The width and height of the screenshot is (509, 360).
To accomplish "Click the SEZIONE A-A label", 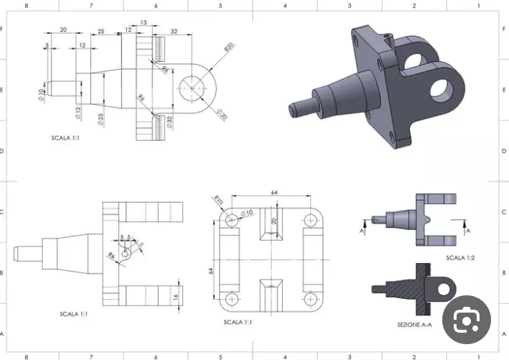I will (415, 326).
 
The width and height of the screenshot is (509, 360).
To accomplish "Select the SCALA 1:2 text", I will (459, 257).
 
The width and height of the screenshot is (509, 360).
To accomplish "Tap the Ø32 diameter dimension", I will (170, 122).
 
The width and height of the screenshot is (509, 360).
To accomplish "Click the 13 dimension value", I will (144, 23).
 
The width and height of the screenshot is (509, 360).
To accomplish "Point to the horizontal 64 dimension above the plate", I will (274, 193).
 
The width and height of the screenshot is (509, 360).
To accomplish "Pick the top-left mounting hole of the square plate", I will (231, 218).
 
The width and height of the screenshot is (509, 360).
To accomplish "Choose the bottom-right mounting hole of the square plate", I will (311, 297).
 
